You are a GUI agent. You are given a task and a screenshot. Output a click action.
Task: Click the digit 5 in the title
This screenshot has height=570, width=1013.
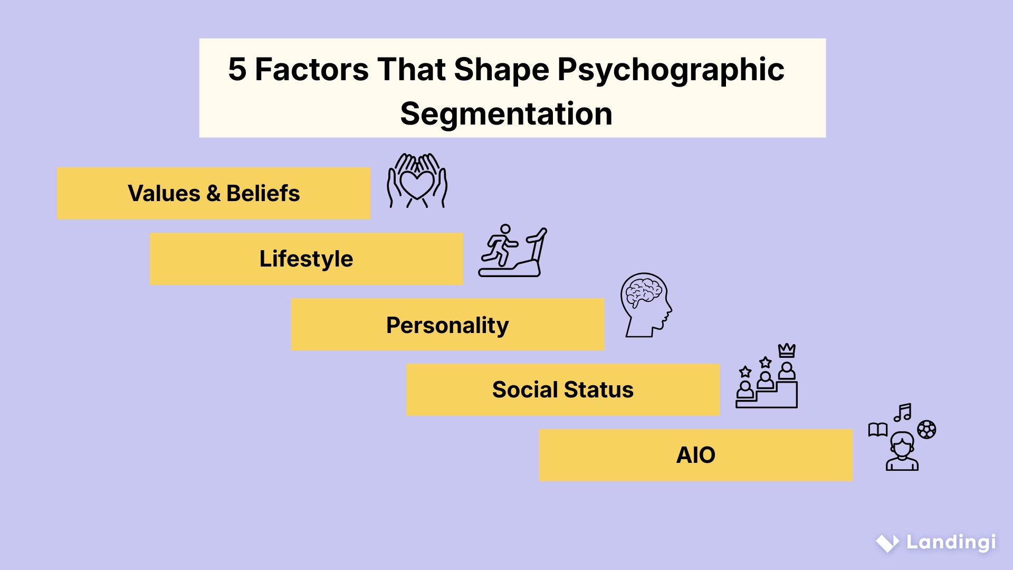coord(237,69)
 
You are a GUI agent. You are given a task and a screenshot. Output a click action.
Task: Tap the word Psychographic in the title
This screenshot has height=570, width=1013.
coord(671,70)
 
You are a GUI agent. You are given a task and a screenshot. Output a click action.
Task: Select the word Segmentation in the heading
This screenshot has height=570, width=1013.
coord(506,114)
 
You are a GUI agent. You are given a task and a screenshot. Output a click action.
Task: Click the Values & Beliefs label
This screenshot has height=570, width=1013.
coord(214,193)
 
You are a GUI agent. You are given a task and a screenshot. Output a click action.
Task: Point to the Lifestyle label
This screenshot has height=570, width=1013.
coord(306,259)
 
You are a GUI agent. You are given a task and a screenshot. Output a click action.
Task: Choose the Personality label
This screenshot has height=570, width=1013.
coord(447,325)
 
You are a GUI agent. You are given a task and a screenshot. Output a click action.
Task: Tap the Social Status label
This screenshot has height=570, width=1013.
coord(562,389)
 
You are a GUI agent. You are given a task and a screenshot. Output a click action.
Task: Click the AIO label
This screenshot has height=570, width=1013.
coord(695,455)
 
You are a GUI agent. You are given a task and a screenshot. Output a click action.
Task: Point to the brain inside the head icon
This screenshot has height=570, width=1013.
coord(642,291)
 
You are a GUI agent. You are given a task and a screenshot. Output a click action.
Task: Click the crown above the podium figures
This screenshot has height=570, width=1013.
coord(787,350)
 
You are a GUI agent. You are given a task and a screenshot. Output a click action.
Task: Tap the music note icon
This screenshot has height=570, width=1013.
coord(903,412)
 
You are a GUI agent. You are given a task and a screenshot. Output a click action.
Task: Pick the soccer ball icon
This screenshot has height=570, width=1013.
coord(926,430)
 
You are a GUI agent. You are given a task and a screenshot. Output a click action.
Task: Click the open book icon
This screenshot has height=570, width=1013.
coord(878,430)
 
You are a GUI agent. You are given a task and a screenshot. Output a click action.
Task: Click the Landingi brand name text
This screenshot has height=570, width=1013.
coord(951,542)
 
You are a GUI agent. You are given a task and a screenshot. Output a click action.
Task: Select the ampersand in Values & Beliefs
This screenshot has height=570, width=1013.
coord(213,194)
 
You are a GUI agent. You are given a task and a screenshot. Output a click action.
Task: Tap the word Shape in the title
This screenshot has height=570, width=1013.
coord(501,70)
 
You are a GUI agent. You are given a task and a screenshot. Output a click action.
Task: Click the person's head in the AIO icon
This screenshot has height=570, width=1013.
coord(902,444)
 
